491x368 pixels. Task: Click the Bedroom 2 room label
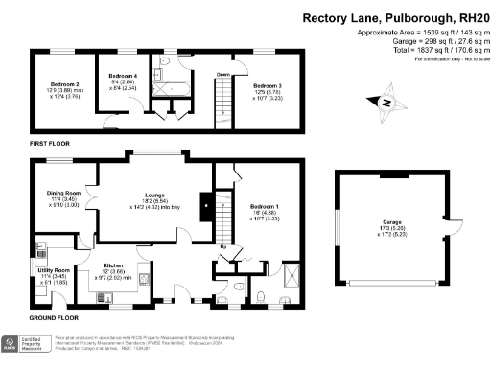[x=64, y=84]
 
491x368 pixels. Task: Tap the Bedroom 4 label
[x=123, y=75]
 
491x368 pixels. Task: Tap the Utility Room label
[x=54, y=271]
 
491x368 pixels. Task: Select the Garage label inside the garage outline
[x=394, y=218]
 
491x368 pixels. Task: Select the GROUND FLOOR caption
[x=52, y=317]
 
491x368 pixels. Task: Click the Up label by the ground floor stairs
[x=223, y=246]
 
